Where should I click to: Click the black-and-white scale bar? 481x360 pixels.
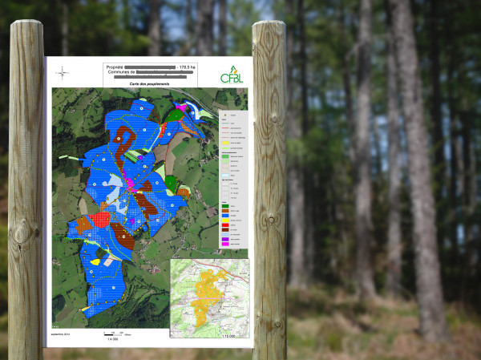(117, 331)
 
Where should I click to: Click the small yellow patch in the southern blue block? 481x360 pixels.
(95, 261)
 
